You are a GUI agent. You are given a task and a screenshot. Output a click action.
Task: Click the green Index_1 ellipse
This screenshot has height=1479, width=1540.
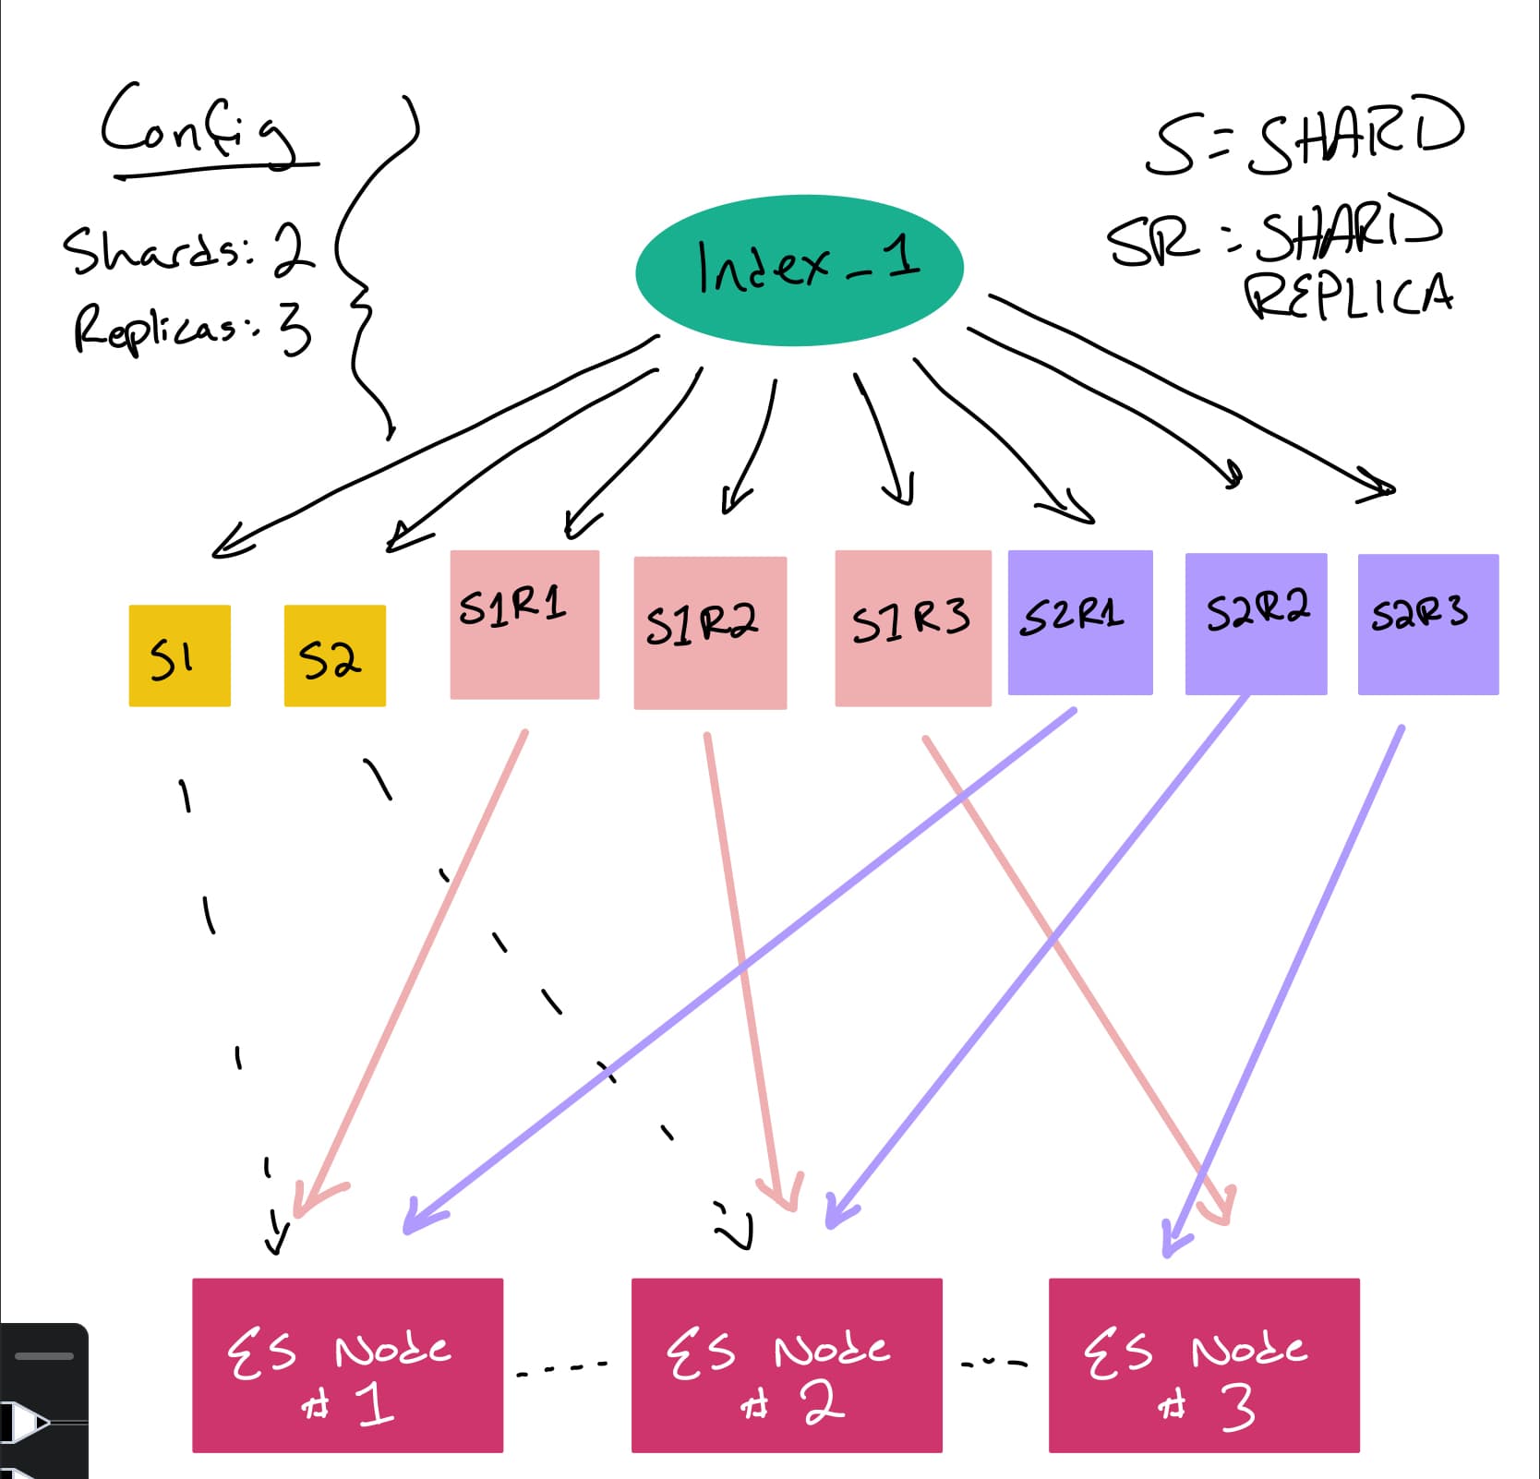coord(800,270)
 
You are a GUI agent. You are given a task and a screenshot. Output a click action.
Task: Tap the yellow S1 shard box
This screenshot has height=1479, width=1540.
coord(179,655)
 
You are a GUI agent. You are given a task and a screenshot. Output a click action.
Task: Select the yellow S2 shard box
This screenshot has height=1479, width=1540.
coord(334,655)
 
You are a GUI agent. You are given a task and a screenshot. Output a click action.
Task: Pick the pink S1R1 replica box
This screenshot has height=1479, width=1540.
coord(524,624)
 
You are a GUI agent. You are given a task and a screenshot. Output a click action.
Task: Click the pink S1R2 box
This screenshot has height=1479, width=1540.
coord(710,632)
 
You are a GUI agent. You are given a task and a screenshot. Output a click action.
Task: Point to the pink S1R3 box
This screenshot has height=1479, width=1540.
coord(912,628)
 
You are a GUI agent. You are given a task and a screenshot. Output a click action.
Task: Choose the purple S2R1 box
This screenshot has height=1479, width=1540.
coord(1080,622)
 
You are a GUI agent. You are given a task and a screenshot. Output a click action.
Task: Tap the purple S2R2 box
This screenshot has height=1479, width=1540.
coord(1256,623)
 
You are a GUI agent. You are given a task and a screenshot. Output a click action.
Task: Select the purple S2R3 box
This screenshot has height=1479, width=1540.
coord(1427,624)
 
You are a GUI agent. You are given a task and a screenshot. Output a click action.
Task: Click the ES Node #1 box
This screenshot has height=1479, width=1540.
coord(347,1365)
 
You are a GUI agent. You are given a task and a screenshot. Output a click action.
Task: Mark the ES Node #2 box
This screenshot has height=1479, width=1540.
coord(787,1365)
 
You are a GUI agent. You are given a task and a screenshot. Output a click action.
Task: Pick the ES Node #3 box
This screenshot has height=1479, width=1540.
coord(1204,1365)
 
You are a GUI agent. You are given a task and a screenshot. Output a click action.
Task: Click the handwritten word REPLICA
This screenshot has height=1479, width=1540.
coord(1348,295)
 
